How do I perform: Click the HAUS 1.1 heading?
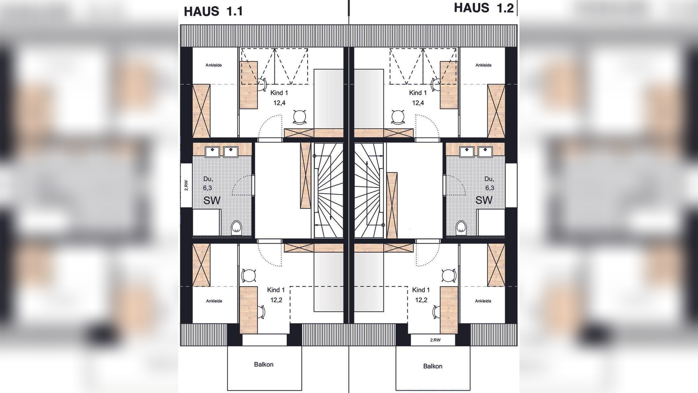click(213, 11)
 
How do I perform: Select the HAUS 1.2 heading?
click(484, 8)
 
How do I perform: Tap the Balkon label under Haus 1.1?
click(264, 364)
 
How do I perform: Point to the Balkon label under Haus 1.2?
click(432, 366)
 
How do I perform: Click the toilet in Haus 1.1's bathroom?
click(236, 227)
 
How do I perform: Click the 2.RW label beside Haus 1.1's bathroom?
click(186, 185)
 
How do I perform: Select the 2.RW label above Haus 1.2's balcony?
click(435, 340)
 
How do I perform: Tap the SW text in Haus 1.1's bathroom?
click(212, 200)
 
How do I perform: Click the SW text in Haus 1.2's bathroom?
click(484, 200)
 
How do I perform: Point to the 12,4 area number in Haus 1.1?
click(279, 103)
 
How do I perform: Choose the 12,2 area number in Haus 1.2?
click(421, 300)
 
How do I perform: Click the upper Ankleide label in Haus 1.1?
click(214, 65)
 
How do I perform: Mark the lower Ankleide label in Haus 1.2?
click(483, 301)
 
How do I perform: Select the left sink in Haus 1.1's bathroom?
click(212, 151)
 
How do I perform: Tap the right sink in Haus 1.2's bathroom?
click(485, 151)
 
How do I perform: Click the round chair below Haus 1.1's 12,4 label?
click(300, 117)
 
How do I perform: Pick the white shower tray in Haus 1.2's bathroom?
click(491, 222)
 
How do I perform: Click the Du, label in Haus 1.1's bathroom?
click(208, 179)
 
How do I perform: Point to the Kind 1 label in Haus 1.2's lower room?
click(421, 290)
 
